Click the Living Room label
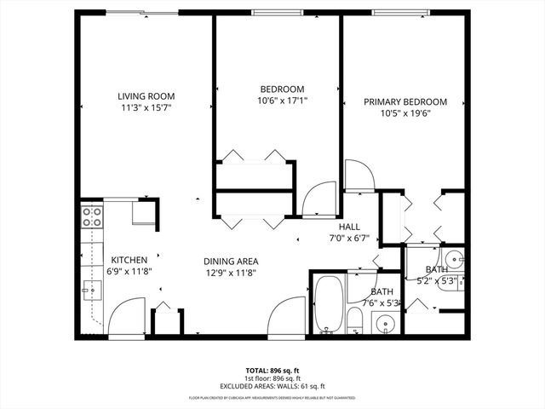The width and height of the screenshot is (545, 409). click(x=146, y=96)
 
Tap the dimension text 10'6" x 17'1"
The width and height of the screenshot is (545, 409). click(x=281, y=101)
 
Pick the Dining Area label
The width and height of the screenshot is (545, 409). click(x=230, y=262)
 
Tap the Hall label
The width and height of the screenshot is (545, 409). click(x=349, y=227)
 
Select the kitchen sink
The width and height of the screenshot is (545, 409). click(x=89, y=290)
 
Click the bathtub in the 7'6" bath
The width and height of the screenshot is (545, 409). click(x=328, y=305)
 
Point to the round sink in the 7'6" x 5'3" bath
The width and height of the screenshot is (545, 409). click(x=385, y=324)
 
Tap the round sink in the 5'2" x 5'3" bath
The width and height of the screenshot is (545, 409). click(x=453, y=257)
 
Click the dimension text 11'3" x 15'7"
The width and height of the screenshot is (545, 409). click(x=146, y=108)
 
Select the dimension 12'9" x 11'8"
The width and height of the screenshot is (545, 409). click(x=230, y=273)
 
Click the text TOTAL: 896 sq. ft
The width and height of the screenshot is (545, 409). click(x=272, y=371)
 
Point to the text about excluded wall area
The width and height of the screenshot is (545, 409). click(x=272, y=387)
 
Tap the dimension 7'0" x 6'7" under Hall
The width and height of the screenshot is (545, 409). click(x=349, y=239)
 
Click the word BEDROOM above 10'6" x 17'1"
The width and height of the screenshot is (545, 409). click(x=281, y=89)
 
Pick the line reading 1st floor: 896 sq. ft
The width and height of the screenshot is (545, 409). click(x=272, y=379)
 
